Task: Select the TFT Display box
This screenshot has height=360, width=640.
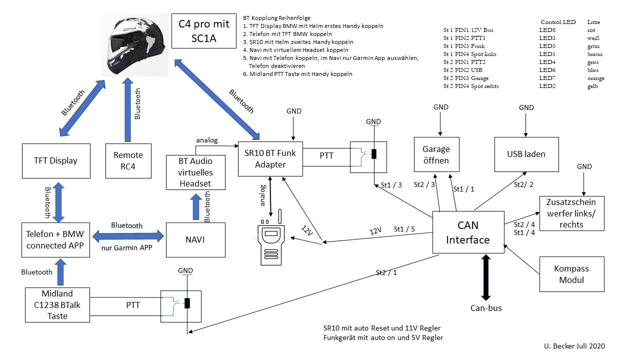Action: coord(56,160)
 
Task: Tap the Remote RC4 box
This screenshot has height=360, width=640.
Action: coord(128,160)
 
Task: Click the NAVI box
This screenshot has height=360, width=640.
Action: coord(195,240)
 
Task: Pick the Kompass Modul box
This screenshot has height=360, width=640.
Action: coord(571,274)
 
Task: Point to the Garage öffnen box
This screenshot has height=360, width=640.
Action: coord(436,154)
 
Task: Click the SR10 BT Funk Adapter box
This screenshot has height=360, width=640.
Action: coord(270,159)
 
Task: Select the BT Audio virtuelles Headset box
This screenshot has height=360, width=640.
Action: coord(195,172)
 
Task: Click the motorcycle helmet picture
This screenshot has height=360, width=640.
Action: coord(136,45)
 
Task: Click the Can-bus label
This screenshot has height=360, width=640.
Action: coord(486,308)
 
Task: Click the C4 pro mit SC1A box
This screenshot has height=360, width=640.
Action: coord(203,30)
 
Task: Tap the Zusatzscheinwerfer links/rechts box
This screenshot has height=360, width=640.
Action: coord(571,212)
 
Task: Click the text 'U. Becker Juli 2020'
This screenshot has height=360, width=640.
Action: coord(574,345)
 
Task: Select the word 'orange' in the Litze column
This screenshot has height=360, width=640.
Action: coord(595,78)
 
